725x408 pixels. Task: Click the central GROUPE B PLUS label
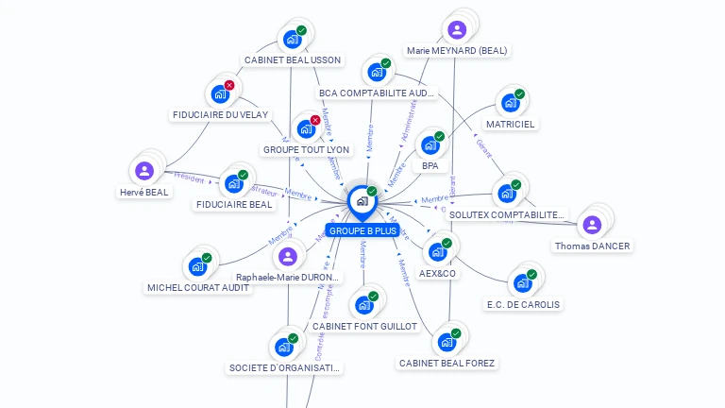pos(362,230)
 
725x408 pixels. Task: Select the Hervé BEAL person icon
pos(144,171)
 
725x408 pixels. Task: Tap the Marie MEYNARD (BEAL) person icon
pos(457,29)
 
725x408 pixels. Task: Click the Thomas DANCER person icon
pos(592,225)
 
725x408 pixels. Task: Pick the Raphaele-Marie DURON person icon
pos(288,256)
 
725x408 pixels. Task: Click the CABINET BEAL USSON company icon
pos(291,40)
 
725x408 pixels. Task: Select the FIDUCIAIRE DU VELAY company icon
pos(219,93)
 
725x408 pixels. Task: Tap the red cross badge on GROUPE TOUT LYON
pos(315,120)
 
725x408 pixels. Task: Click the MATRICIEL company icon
pos(510,102)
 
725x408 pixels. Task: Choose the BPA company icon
pos(430,144)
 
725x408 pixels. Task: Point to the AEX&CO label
pos(437,274)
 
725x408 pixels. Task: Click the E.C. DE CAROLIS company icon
pos(521,283)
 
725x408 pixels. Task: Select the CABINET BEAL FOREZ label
pos(447,363)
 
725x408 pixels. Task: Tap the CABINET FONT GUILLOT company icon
pos(363,305)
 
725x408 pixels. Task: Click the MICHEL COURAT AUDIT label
pos(199,287)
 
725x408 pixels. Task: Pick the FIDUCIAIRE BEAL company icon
pos(232,183)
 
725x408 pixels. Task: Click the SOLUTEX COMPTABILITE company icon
pos(507,193)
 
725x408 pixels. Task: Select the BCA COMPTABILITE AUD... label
pos(378,93)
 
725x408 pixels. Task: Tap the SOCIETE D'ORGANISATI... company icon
pos(283,347)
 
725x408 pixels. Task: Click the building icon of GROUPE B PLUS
pos(362,200)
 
